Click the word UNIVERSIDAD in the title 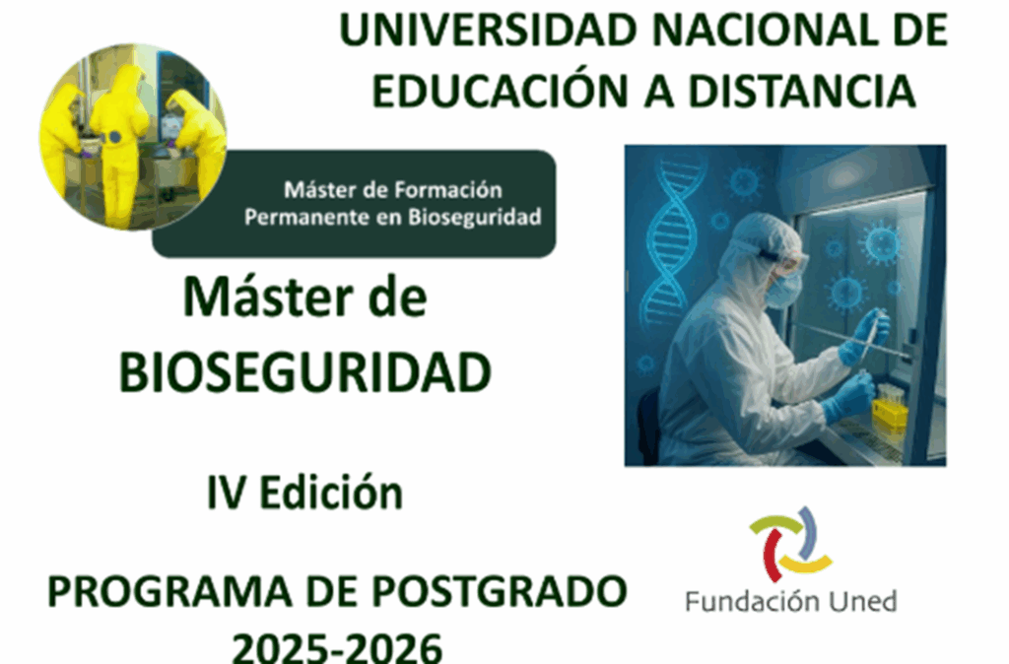488,31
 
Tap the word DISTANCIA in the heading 802,91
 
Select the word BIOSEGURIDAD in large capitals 305,372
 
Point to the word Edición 331,493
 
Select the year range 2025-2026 337,646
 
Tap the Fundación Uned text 791,602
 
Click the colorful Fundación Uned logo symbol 791,545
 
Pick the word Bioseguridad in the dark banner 474,218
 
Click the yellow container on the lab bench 890,416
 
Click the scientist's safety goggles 786,263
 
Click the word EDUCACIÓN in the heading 501,90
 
